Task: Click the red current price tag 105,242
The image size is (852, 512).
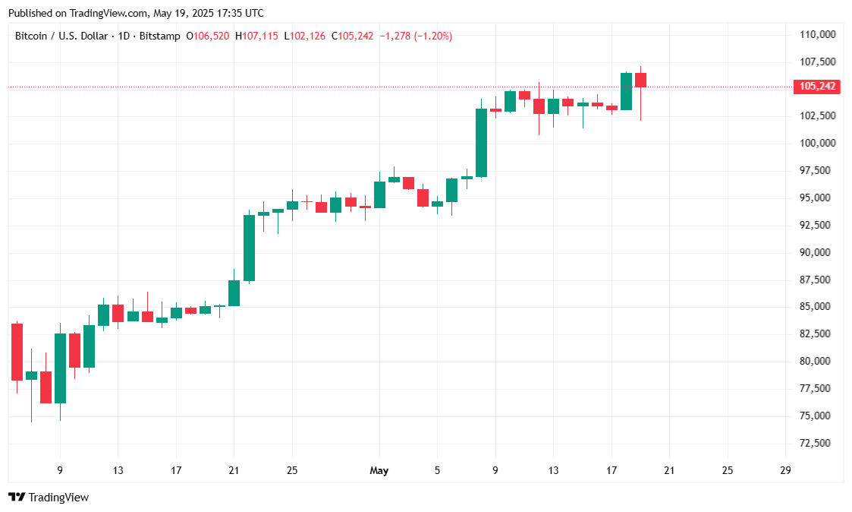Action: click(x=817, y=87)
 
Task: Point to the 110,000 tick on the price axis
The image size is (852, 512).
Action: click(x=817, y=34)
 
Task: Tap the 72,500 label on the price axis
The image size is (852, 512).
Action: click(x=817, y=443)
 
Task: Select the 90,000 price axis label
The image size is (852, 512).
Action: click(x=817, y=252)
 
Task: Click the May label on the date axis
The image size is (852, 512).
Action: click(x=379, y=471)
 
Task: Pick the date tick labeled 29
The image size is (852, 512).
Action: click(x=785, y=471)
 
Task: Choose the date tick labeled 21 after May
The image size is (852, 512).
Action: click(x=669, y=471)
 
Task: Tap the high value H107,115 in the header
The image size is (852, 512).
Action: click(x=257, y=36)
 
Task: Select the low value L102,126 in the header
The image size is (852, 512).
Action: click(x=305, y=36)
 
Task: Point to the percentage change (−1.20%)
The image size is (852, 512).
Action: click(x=432, y=36)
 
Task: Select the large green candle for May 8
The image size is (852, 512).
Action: click(x=481, y=143)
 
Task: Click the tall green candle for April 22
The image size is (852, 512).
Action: click(x=249, y=248)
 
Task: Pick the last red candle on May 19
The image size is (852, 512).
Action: click(x=640, y=80)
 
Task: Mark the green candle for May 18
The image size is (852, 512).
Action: click(x=626, y=91)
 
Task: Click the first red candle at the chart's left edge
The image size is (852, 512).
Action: click(x=17, y=352)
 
